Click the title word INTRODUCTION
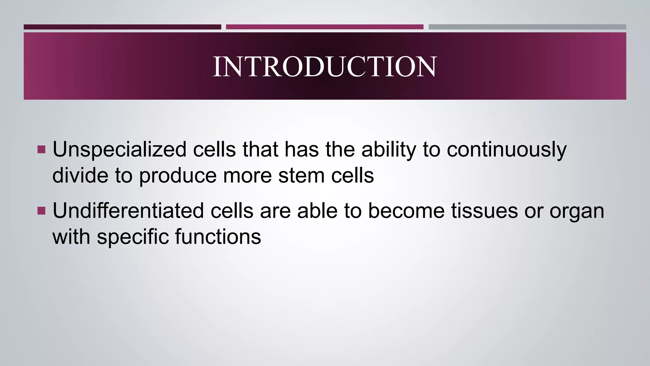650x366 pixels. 325,66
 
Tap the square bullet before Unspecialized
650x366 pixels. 41,149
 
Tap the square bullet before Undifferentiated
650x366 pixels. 41,211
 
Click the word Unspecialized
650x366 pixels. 119,149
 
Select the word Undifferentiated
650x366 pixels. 128,211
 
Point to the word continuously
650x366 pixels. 507,149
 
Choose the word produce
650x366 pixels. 178,175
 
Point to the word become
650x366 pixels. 406,211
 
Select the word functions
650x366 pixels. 218,237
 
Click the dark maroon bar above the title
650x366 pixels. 122,27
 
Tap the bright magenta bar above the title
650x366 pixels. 324,27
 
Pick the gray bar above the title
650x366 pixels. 527,27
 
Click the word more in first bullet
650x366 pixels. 247,175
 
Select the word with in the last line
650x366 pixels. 71,237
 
